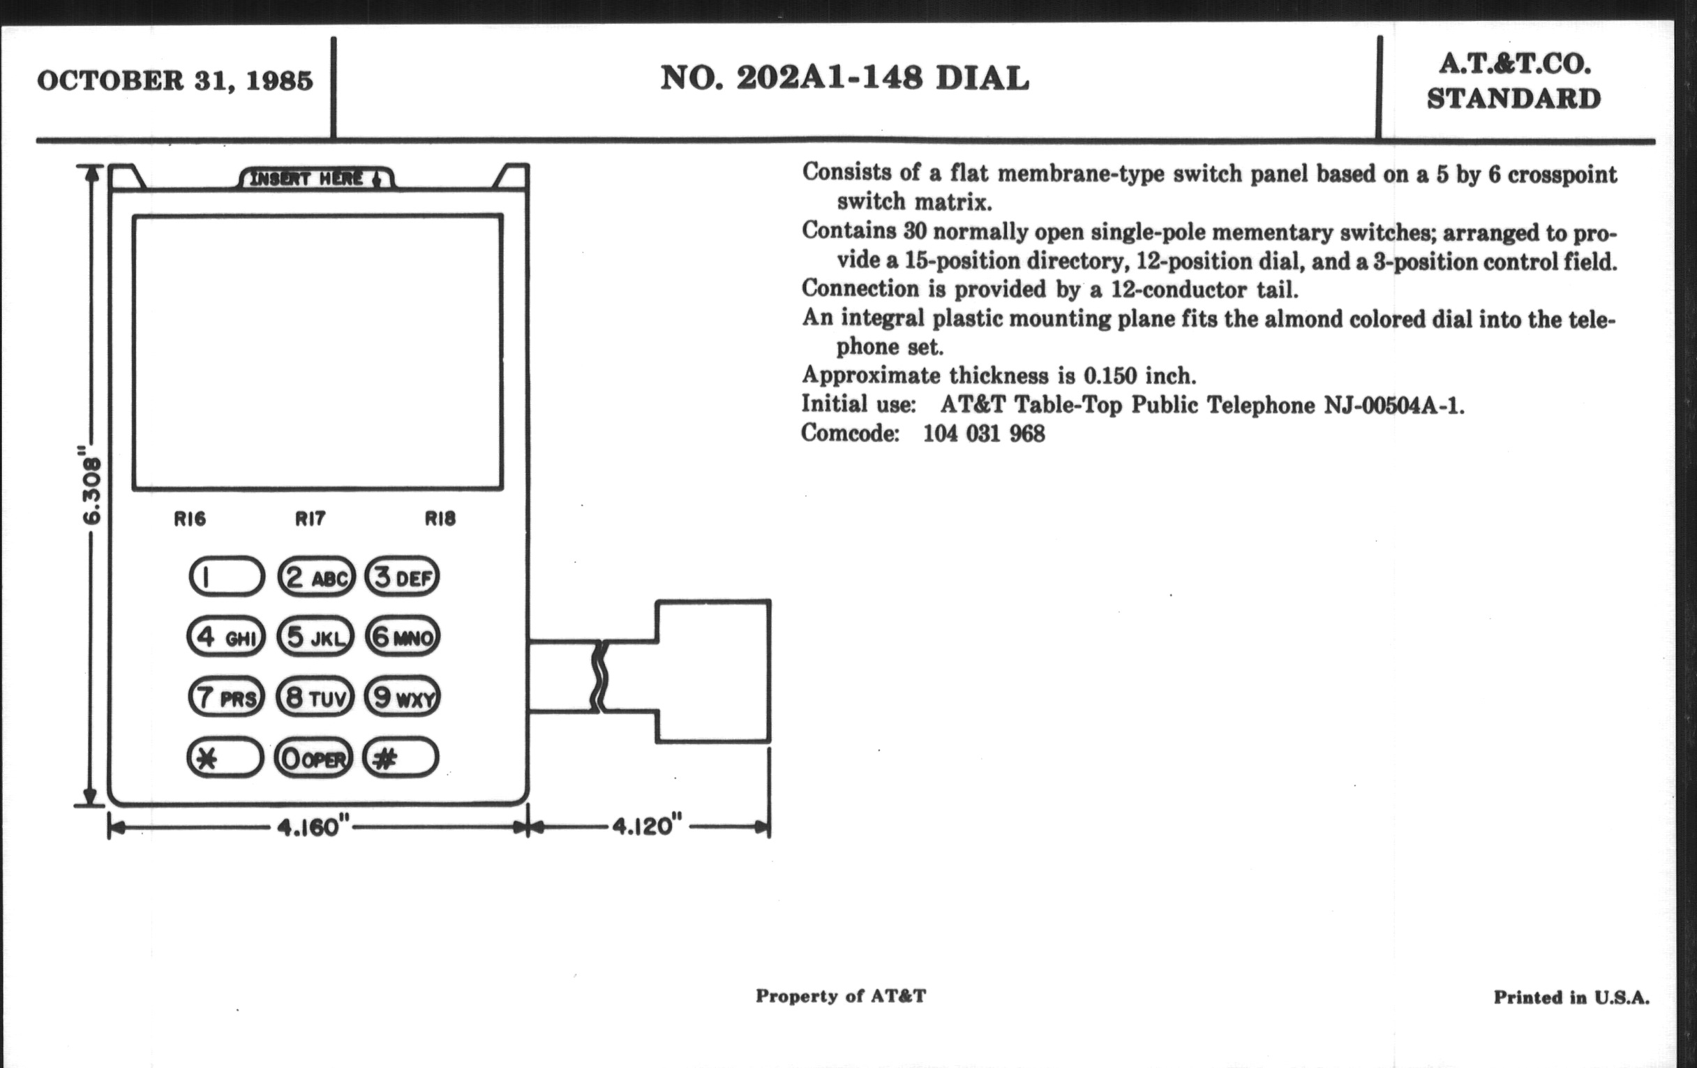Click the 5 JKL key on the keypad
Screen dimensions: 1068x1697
tap(315, 637)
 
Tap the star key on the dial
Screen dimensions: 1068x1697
tap(225, 758)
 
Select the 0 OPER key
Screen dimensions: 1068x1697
tap(313, 759)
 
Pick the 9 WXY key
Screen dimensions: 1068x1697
tap(403, 697)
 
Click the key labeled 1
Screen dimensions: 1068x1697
tap(227, 577)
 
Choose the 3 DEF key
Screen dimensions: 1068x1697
tap(403, 577)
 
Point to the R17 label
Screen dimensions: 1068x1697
tap(310, 519)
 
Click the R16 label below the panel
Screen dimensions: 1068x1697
tap(190, 519)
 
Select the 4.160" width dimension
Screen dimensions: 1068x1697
tap(309, 827)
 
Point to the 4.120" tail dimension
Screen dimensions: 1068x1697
tap(646, 826)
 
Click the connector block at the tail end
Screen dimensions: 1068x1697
tap(713, 671)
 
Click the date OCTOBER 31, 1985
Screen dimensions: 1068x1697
tap(174, 80)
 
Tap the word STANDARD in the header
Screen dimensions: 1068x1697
tap(1513, 98)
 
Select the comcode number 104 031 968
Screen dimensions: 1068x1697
tap(984, 433)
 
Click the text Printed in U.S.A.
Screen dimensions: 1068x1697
tap(1571, 997)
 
